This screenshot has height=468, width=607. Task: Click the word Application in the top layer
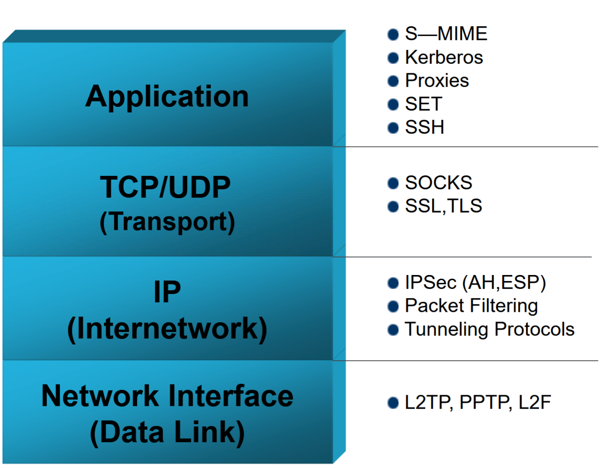click(x=167, y=97)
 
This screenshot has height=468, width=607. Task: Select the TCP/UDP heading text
click(x=165, y=187)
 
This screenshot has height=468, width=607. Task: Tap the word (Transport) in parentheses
click(x=167, y=222)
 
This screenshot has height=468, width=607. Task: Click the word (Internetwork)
click(x=167, y=329)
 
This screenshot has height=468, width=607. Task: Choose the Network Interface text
click(x=167, y=396)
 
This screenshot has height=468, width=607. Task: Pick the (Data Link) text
click(x=167, y=433)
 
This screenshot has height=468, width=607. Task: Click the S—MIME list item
click(x=446, y=34)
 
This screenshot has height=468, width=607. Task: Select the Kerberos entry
click(x=444, y=58)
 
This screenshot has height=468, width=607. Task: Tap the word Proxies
click(x=437, y=81)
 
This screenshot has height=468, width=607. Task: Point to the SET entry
click(x=424, y=104)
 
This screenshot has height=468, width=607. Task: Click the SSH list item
click(x=425, y=128)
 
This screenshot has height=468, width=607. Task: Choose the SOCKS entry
click(x=438, y=183)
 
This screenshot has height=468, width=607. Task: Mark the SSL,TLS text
click(x=444, y=206)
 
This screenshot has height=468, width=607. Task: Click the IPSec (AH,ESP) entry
click(x=475, y=282)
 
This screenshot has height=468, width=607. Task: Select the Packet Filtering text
click(x=471, y=306)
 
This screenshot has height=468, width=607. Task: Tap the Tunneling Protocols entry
click(x=490, y=329)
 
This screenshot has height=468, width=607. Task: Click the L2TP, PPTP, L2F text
click(x=478, y=403)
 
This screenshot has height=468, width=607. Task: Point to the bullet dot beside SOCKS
click(x=393, y=183)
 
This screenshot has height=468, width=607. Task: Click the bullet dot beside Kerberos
click(x=393, y=58)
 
